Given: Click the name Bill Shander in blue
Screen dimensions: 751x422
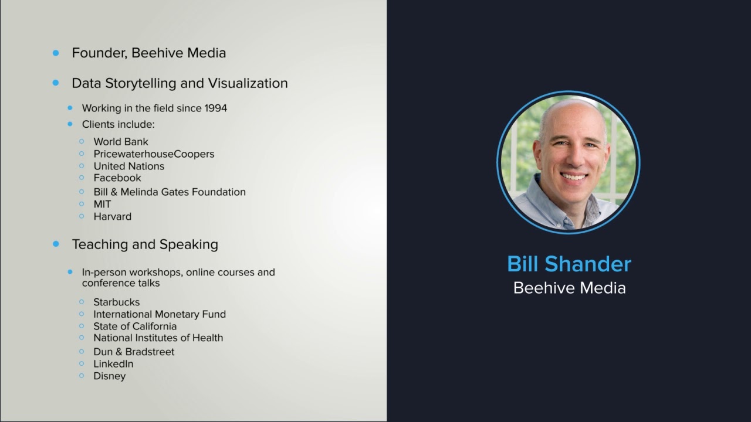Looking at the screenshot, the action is [569, 264].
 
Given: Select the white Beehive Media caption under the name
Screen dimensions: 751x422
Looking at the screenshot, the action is [569, 288].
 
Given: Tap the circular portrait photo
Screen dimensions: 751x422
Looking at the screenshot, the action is [569, 162].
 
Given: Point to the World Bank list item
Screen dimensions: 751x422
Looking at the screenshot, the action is [121, 142].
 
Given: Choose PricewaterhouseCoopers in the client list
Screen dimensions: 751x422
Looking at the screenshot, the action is [154, 154].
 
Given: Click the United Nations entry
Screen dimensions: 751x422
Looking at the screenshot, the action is [128, 166].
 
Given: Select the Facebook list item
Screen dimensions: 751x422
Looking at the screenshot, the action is [117, 178].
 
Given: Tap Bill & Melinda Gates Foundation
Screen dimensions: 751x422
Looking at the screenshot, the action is [170, 192].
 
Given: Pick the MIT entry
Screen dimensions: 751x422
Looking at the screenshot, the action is [102, 204].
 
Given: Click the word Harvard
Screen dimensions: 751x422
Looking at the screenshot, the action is [112, 216].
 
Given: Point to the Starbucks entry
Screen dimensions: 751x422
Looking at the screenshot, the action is [116, 302].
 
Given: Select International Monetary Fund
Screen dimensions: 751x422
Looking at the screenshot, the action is [160, 314].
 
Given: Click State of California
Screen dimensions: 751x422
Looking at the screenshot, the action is [135, 326].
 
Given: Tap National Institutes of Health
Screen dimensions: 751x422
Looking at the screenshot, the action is [158, 338].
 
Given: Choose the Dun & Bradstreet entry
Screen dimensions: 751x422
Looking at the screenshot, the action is [134, 352].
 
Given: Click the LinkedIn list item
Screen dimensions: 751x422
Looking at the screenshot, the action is [113, 364].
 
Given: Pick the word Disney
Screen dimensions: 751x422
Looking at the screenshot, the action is [109, 376].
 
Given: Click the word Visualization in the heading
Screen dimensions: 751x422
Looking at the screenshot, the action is [248, 83].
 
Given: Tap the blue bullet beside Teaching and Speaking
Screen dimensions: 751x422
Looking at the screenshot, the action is [56, 244].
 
